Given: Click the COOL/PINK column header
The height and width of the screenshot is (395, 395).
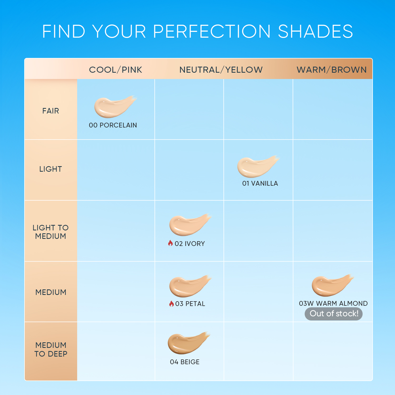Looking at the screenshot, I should point(116,70).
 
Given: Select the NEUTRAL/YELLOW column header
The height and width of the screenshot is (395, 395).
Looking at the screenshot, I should point(221,70).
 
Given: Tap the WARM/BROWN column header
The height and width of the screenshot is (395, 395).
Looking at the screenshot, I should point(332,70).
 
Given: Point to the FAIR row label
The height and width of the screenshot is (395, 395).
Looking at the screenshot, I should point(51,111).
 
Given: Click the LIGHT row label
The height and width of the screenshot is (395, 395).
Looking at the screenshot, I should point(51,169).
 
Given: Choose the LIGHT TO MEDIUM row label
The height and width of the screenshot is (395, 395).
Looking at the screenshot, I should point(51,232).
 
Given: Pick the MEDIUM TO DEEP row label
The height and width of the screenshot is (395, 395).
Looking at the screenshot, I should point(51,349).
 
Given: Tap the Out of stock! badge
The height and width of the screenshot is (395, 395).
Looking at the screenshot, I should point(334,314).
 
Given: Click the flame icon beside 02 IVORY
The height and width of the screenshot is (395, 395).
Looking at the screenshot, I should point(170,243).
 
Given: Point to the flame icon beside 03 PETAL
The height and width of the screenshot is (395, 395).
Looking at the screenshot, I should point(171,304).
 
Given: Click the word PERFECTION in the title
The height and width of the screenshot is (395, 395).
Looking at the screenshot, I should point(212,32).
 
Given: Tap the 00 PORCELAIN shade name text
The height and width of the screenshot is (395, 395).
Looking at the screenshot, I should point(113,125).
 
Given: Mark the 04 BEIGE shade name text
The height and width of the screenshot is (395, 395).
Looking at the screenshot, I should point(185,362).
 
